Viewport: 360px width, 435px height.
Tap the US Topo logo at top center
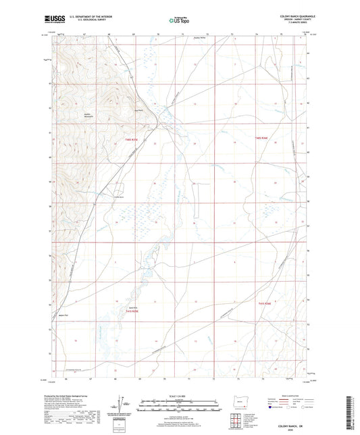(x=179, y=21)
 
